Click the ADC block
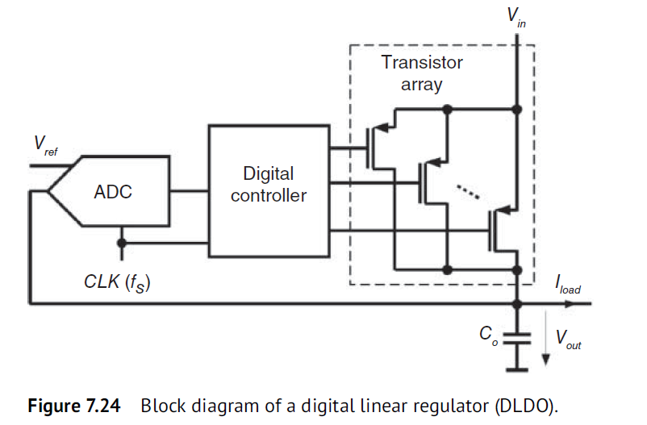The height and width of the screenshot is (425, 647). (x=113, y=192)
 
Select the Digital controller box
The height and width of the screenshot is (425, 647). (x=269, y=185)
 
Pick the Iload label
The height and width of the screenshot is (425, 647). (x=567, y=285)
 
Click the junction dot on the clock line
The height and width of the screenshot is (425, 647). (x=121, y=242)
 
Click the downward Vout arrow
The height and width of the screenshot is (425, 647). (x=546, y=343)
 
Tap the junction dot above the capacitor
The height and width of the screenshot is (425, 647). (x=517, y=304)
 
